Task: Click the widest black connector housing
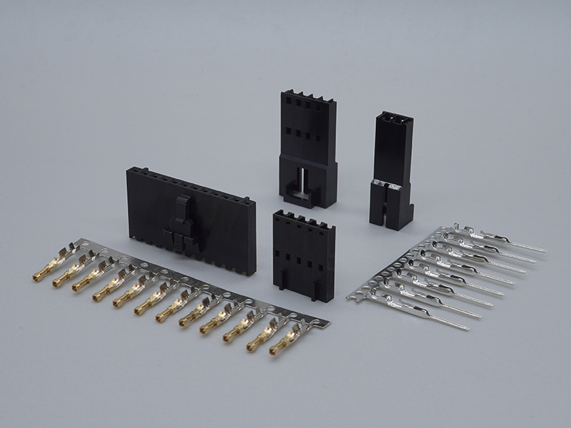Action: (189, 214)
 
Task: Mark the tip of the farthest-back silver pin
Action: (544, 250)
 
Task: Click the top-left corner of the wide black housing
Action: (128, 170)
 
